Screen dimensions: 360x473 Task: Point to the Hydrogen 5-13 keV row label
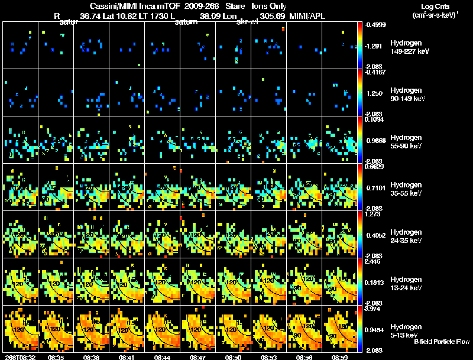click(406, 331)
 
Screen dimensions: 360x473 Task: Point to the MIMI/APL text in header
click(307, 17)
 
